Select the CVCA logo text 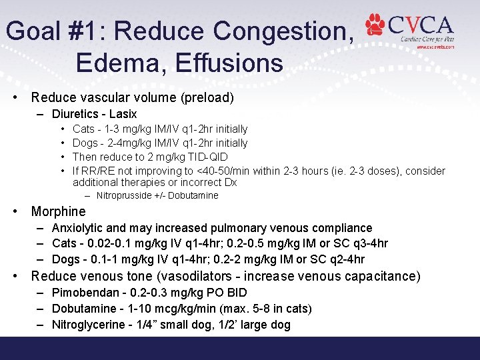point(421,26)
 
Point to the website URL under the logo point(435,47)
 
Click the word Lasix point(123,114)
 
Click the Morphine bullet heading point(59,211)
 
